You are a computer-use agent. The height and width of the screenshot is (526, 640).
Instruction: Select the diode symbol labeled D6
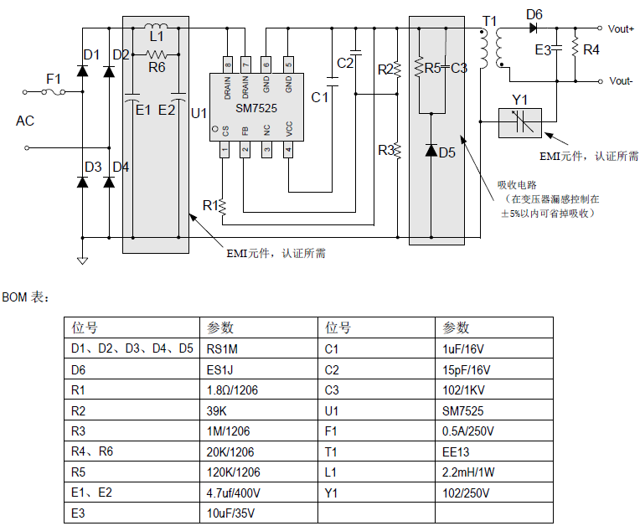point(534,28)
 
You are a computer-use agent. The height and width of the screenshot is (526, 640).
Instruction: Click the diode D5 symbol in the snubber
point(431,151)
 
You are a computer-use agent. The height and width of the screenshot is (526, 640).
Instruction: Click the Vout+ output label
point(621,28)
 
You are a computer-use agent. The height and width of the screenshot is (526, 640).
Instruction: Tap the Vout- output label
point(620,81)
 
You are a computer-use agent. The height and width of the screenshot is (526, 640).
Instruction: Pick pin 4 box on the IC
point(289,150)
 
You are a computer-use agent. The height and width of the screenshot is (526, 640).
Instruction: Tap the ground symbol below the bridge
point(82,260)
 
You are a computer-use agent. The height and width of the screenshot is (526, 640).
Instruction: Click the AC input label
point(25,121)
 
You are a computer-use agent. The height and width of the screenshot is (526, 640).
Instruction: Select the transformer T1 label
point(489,20)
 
